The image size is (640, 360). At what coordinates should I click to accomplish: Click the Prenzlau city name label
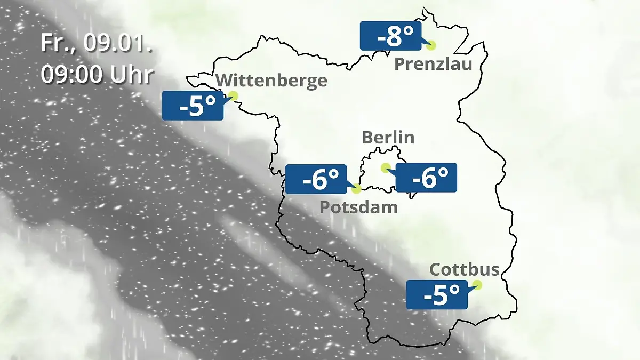point(433,65)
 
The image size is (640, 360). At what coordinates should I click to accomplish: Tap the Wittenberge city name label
point(271,81)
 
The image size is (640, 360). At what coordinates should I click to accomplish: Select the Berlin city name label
point(388,137)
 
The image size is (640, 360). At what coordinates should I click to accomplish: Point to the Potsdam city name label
point(358,207)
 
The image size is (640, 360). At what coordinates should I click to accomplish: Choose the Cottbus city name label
point(465,269)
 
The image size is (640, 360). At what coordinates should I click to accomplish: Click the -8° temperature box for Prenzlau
point(391,36)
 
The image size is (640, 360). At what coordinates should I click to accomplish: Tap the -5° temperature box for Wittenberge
point(193,106)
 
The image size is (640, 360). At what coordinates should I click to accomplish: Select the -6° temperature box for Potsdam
point(316,179)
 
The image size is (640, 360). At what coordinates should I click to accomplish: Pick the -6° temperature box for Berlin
point(426,178)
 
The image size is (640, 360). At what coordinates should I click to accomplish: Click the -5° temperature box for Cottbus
point(437,294)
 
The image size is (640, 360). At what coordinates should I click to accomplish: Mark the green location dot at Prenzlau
point(430,45)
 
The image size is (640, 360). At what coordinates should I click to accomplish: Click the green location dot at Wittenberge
point(233,95)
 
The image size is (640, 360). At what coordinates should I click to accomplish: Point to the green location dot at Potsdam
point(357,188)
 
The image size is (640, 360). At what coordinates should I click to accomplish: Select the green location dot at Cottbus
point(477,285)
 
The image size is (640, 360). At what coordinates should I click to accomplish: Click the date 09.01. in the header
point(118,43)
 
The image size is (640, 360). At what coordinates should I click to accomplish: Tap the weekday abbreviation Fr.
point(59,43)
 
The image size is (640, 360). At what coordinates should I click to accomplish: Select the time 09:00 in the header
point(72,75)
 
